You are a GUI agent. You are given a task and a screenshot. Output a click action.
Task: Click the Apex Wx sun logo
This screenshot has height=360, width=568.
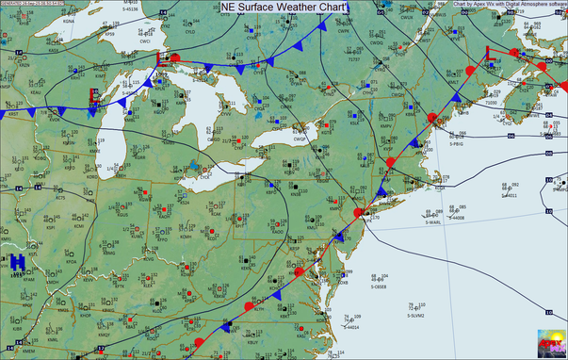tap(551, 343)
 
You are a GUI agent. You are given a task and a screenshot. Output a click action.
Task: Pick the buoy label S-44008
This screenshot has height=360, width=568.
tap(456, 218)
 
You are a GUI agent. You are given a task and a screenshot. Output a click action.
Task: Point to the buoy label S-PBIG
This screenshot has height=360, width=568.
tap(457, 145)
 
